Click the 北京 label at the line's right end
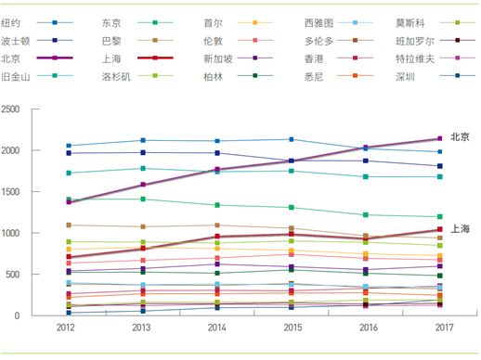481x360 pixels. (x=460, y=136)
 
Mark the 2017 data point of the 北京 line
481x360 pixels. (x=440, y=139)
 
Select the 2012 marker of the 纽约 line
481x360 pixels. (x=68, y=146)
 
